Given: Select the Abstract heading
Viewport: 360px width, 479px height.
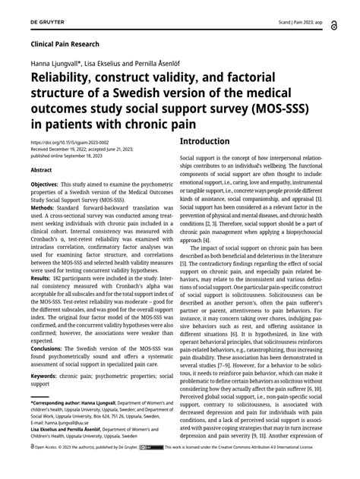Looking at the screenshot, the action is coord(41,170).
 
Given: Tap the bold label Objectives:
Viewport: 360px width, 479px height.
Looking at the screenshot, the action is coord(49,184).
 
